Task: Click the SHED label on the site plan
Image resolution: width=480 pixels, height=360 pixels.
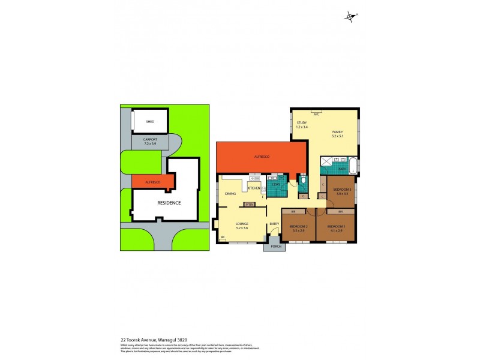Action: [x=142, y=121]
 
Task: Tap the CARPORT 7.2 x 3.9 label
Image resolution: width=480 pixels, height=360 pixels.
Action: [x=150, y=142]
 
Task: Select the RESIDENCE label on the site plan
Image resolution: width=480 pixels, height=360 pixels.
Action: [x=169, y=202]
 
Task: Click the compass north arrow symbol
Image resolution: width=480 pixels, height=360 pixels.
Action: [x=350, y=17]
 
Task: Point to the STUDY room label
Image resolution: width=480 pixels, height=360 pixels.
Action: [x=301, y=124]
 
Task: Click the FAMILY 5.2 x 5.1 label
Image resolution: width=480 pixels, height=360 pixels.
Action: [x=337, y=133]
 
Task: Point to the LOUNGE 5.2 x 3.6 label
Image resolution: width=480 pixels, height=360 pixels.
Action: [x=242, y=226]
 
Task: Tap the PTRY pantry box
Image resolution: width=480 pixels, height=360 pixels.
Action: [x=249, y=205]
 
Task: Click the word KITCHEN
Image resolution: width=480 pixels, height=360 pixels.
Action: [x=253, y=188]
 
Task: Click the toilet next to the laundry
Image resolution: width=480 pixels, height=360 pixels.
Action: [x=303, y=179]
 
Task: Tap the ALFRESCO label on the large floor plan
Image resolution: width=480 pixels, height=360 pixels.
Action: [x=261, y=157]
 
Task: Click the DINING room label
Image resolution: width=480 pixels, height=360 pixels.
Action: [x=230, y=194]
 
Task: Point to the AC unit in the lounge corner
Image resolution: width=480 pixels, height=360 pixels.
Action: [x=223, y=238]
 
